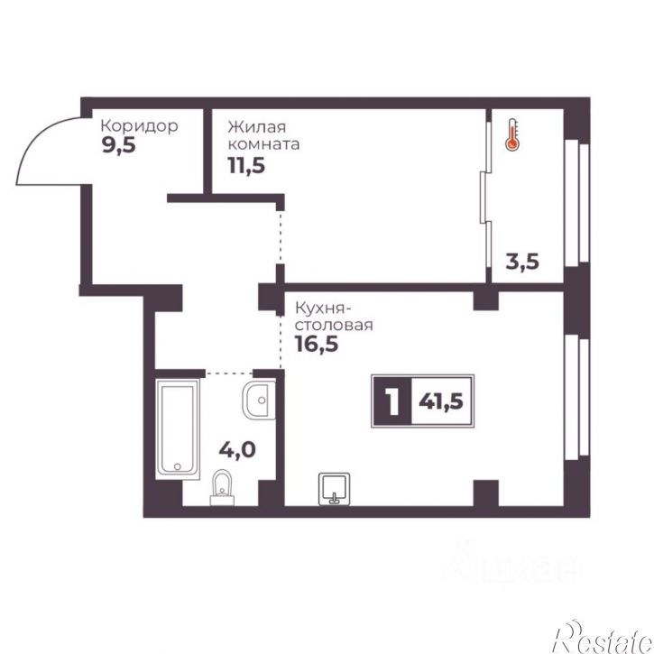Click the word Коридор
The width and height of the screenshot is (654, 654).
(x=140, y=125)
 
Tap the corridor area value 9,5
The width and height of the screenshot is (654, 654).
(x=118, y=145)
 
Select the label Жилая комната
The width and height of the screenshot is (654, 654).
(x=263, y=135)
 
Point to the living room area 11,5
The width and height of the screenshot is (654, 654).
(x=246, y=165)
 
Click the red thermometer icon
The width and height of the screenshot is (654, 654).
(x=511, y=134)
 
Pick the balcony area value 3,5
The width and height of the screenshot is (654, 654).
(x=522, y=262)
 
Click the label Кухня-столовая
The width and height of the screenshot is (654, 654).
(x=334, y=317)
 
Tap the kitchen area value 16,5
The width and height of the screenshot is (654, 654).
(x=316, y=344)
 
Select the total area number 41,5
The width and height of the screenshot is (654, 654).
(x=441, y=401)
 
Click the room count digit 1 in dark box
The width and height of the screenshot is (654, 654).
(x=391, y=401)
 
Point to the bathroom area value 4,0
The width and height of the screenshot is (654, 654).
(x=238, y=450)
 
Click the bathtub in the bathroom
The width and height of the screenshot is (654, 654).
(x=178, y=428)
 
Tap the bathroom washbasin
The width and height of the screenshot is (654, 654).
(x=259, y=400)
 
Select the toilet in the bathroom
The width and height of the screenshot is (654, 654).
(x=222, y=488)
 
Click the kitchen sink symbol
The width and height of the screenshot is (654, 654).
(x=334, y=489)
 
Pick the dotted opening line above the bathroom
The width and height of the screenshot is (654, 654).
(x=229, y=373)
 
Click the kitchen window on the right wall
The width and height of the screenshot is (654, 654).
(x=576, y=397)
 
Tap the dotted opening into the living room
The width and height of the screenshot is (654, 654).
(x=281, y=238)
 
